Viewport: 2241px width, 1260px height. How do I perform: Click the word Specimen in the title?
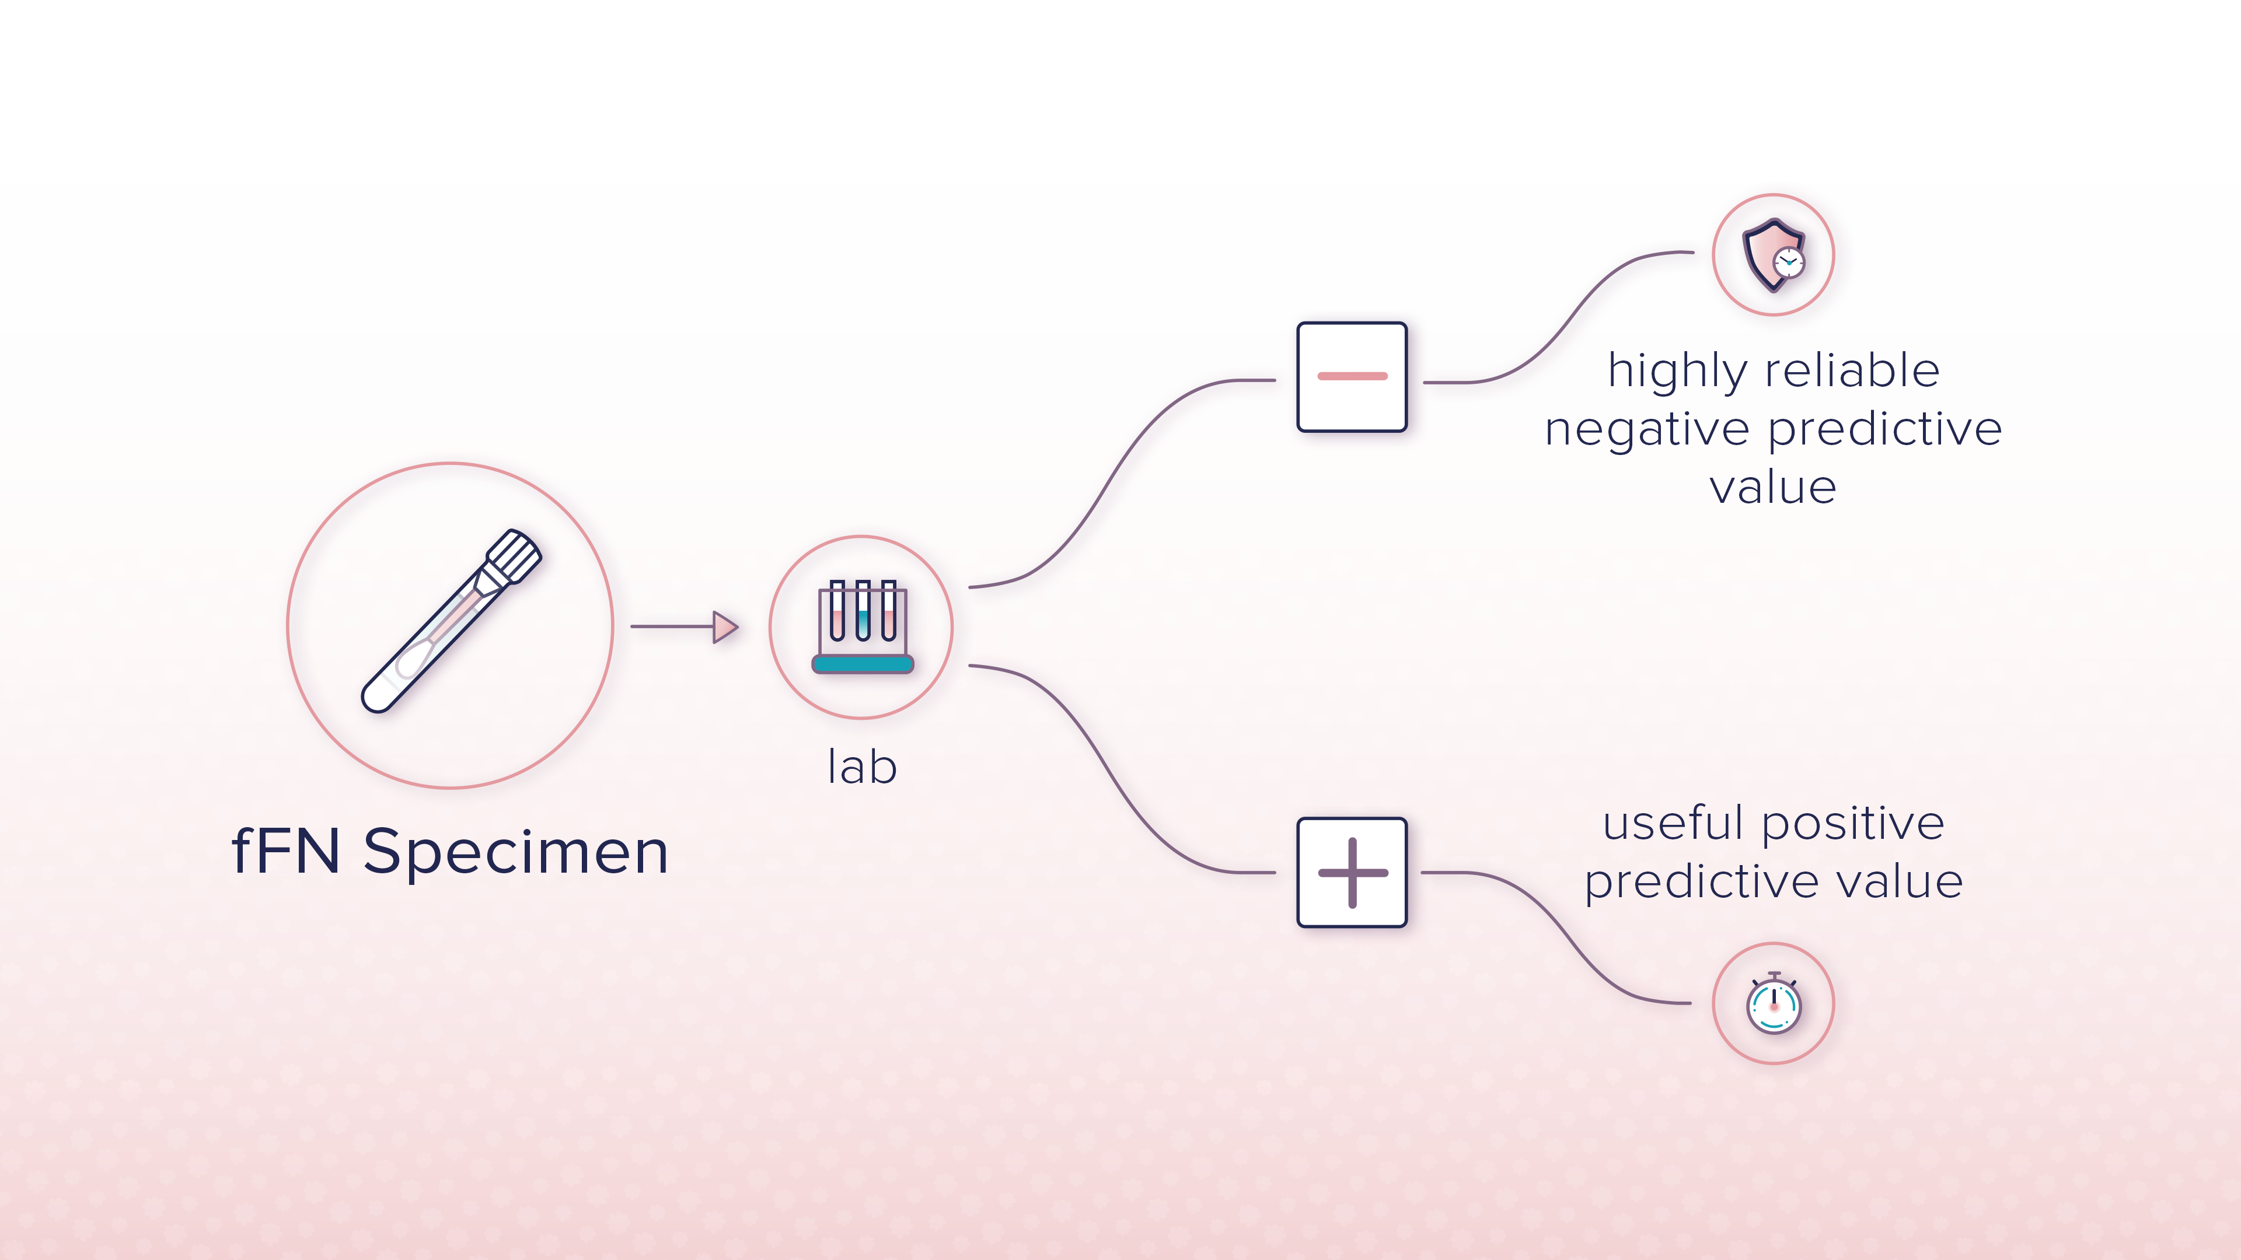[x=516, y=852]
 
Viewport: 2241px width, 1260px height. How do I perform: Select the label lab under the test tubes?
[x=861, y=767]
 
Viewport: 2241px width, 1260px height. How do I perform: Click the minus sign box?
[x=1351, y=376]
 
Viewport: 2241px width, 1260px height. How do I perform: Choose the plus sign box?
[x=1351, y=872]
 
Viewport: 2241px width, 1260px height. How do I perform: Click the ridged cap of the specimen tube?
[x=514, y=555]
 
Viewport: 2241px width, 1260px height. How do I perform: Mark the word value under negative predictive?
[x=1773, y=487]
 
